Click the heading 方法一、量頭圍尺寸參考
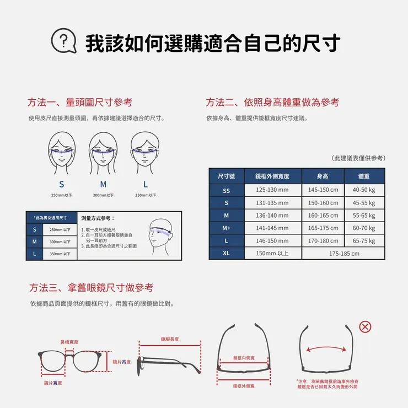click(x=80, y=103)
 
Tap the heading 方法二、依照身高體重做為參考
click(x=272, y=103)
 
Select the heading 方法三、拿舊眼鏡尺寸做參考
click(x=91, y=288)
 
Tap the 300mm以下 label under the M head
click(x=103, y=195)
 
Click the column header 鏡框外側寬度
click(x=273, y=176)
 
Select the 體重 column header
click(x=364, y=176)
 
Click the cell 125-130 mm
click(x=273, y=190)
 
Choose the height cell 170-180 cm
click(x=323, y=241)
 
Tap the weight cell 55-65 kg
click(x=364, y=216)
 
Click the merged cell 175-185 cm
click(x=343, y=254)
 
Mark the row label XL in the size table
click(x=226, y=254)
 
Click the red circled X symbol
click(x=365, y=327)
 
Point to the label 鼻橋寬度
click(x=69, y=342)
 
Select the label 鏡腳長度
click(x=169, y=339)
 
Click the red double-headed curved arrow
click(x=323, y=349)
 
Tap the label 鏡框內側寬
click(x=244, y=358)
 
